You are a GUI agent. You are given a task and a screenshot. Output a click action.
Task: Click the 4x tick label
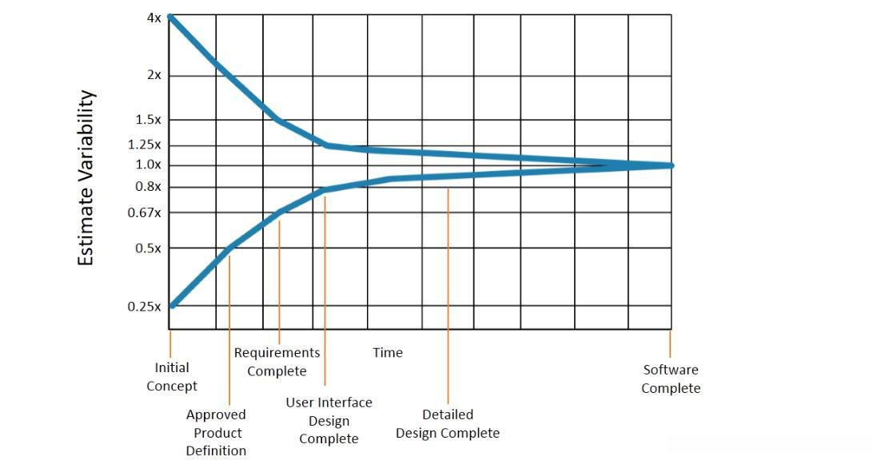point(153,17)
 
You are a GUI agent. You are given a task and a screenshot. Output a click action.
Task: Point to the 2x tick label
point(153,75)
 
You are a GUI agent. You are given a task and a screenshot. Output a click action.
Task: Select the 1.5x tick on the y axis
point(148,120)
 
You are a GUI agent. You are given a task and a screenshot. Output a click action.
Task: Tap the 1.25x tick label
point(145,145)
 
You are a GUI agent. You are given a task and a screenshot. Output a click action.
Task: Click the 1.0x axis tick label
point(148,165)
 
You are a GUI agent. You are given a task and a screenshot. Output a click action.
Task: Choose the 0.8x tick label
point(148,187)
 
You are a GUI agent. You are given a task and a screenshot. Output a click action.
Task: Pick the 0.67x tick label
point(145,212)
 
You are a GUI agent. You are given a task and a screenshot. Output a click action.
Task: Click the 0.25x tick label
point(145,307)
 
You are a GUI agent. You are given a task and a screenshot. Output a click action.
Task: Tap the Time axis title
point(388,352)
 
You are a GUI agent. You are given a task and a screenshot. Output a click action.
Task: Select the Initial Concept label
point(172,377)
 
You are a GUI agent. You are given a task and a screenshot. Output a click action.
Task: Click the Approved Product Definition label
point(216,433)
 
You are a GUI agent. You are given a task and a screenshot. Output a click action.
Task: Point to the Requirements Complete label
point(277,362)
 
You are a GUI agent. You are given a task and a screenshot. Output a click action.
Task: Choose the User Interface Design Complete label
point(329,421)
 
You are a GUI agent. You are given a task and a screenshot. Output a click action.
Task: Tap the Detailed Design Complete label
point(448,424)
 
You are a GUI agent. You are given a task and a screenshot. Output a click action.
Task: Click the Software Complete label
point(671,379)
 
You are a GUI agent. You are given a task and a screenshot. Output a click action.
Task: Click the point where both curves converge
point(670,165)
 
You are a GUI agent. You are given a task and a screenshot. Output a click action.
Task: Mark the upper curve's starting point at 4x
point(171,17)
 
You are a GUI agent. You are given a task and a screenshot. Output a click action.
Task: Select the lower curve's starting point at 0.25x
point(173,305)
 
